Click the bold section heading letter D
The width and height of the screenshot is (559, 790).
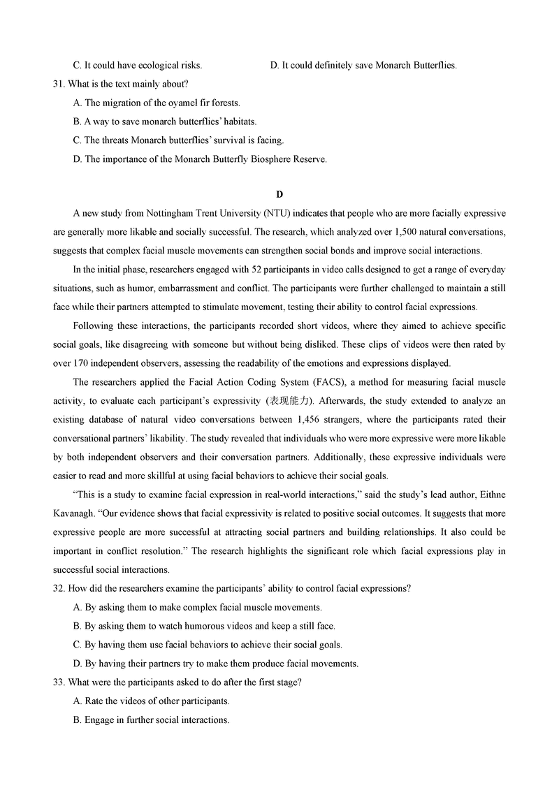point(279,193)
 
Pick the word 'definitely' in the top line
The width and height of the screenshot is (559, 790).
point(324,65)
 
